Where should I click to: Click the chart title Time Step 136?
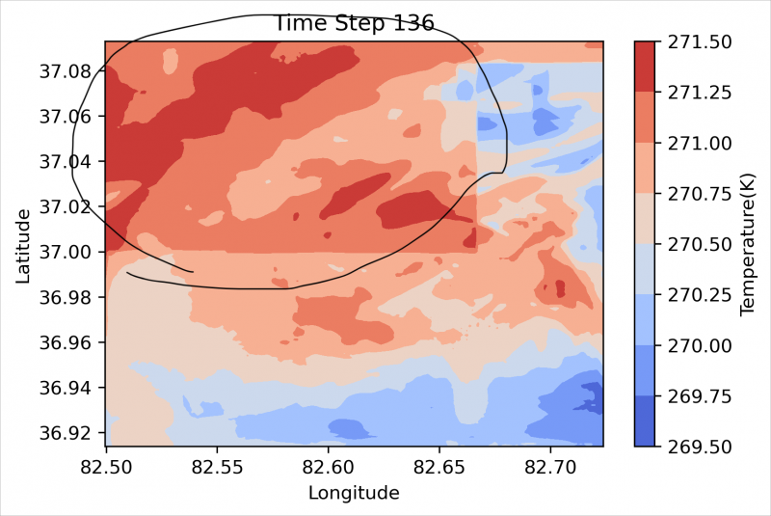tap(355, 23)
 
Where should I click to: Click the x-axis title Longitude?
tap(354, 494)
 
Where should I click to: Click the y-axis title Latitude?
tap(23, 244)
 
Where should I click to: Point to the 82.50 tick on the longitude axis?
tap(106, 466)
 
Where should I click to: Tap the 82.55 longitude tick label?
tap(217, 466)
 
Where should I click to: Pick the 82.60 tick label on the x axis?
tap(328, 466)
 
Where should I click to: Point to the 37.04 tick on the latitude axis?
tap(68, 161)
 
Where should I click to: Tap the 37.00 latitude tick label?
tap(68, 252)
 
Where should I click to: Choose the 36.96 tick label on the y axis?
tap(68, 342)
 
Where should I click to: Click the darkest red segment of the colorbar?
tap(648, 67)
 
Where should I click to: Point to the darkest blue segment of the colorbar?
tap(648, 421)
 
